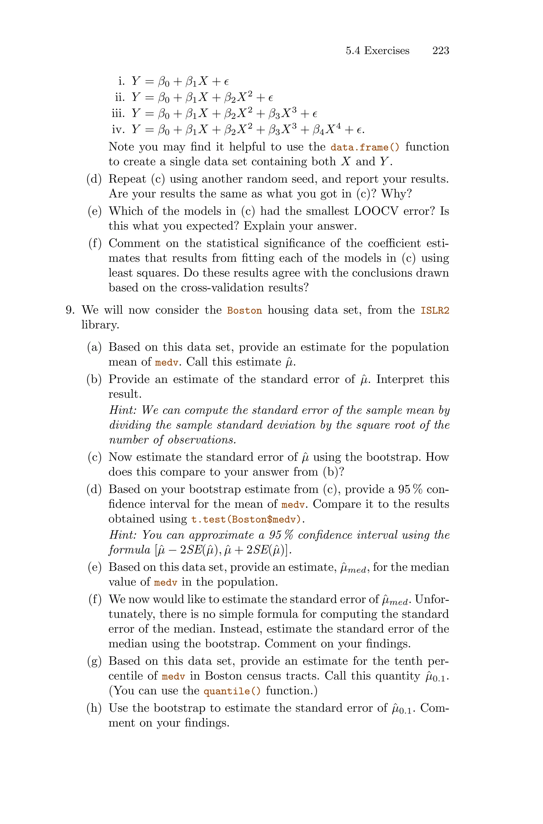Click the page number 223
440,51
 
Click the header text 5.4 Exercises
378,51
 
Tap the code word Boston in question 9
244,310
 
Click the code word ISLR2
435,310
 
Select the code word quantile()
232,691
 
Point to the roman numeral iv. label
118,130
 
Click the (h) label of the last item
94,708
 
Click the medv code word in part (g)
173,676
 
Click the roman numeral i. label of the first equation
121,81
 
